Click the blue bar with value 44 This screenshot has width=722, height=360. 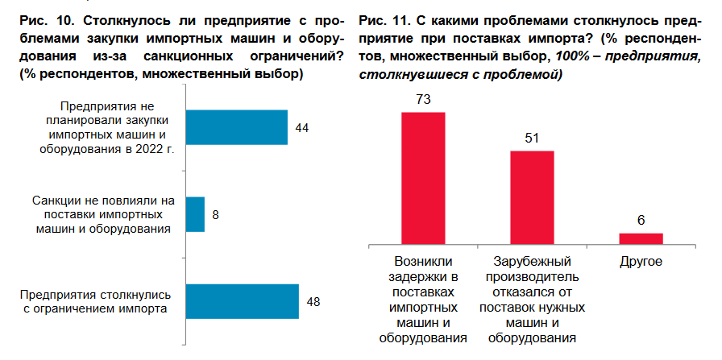pos(237,127)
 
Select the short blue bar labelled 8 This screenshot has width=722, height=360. pos(195,214)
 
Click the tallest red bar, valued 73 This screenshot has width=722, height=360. pos(423,177)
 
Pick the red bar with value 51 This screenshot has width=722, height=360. pos(532,197)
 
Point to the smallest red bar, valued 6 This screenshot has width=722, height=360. pos(641,238)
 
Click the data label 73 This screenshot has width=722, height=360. pos(423,100)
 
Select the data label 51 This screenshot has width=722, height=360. pos(532,139)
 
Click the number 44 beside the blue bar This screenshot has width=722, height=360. pos(302,127)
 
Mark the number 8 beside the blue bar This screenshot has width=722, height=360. pos(215,215)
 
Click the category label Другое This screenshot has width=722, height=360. pos(641,263)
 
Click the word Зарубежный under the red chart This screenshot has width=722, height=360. pos(532,263)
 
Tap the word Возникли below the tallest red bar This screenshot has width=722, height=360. pos(423,263)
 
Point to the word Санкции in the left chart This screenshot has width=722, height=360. pos(54,200)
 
